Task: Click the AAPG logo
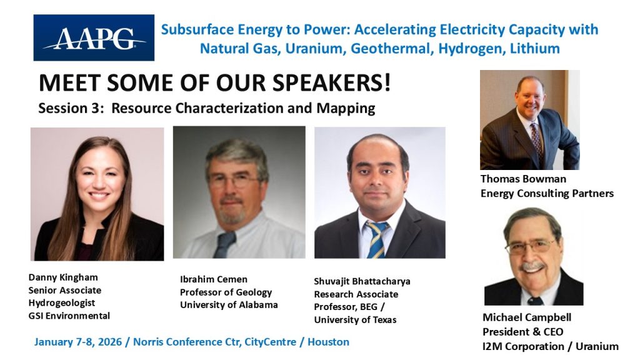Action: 94,37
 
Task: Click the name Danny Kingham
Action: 63,277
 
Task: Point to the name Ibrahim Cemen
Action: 214,279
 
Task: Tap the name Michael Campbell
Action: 526,317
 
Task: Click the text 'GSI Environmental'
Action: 69,316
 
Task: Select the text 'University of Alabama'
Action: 229,305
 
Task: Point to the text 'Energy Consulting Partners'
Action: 547,193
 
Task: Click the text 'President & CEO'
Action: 522,332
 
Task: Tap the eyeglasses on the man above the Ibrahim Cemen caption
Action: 236,181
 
